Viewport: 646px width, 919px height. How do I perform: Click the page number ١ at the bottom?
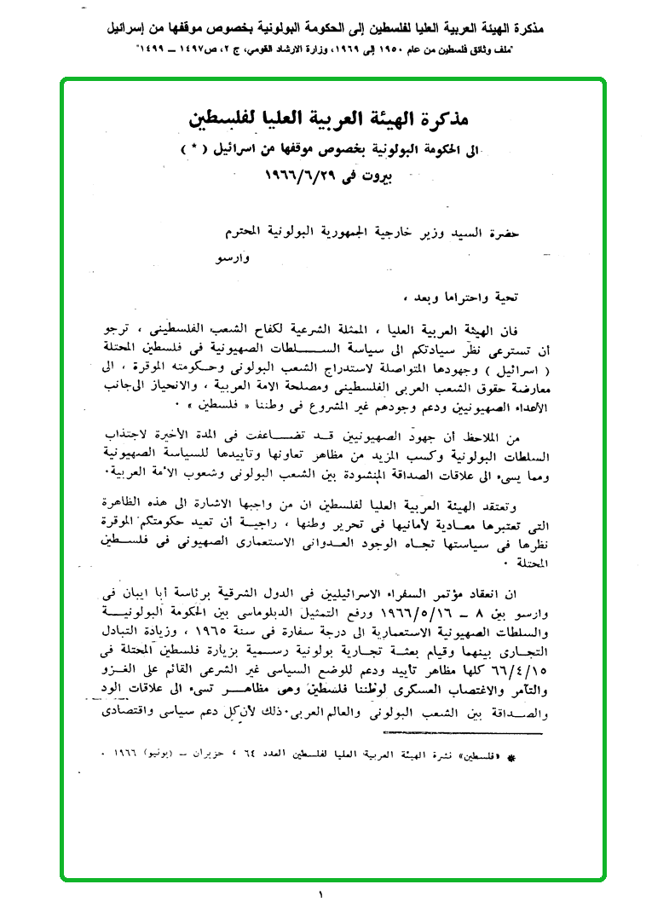pos(321,894)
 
